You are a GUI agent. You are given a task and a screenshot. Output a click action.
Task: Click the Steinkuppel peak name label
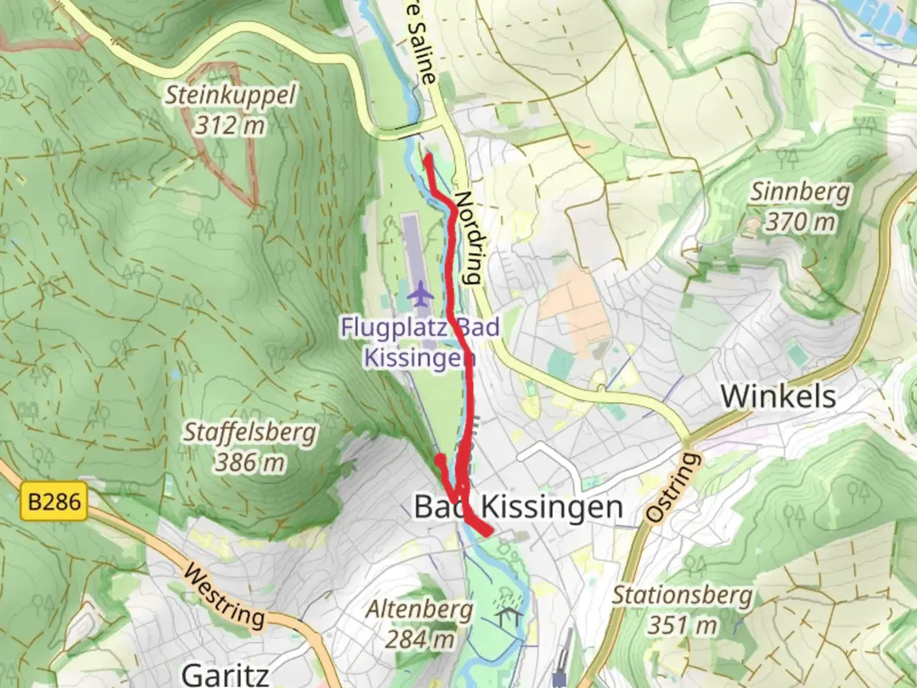coord(231,96)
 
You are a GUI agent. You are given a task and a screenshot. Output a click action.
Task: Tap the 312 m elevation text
coord(229,125)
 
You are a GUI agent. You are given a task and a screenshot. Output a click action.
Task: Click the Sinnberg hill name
coord(800,192)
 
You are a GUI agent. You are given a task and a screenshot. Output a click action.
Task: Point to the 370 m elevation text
coord(800,222)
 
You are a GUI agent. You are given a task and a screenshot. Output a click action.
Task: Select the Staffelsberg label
coord(250,433)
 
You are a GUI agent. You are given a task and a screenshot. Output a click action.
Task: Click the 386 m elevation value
coord(248,462)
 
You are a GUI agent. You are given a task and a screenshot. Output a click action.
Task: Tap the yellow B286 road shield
coord(55,502)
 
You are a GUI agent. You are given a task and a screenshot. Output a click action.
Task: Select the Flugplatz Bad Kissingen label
coord(420,343)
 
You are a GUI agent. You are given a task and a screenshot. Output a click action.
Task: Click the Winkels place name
coord(778,396)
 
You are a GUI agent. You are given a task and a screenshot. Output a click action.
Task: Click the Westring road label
coord(224,596)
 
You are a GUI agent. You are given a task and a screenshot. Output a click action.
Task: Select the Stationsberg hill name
coord(682,596)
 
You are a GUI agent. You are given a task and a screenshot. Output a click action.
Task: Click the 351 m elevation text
coord(682,625)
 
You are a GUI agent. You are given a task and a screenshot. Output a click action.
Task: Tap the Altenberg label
coord(420,610)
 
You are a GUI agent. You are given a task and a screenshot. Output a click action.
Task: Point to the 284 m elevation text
coord(420,639)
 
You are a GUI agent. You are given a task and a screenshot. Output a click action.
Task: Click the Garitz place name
coord(225,674)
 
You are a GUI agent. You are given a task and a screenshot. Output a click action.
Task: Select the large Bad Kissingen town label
coord(518,507)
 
